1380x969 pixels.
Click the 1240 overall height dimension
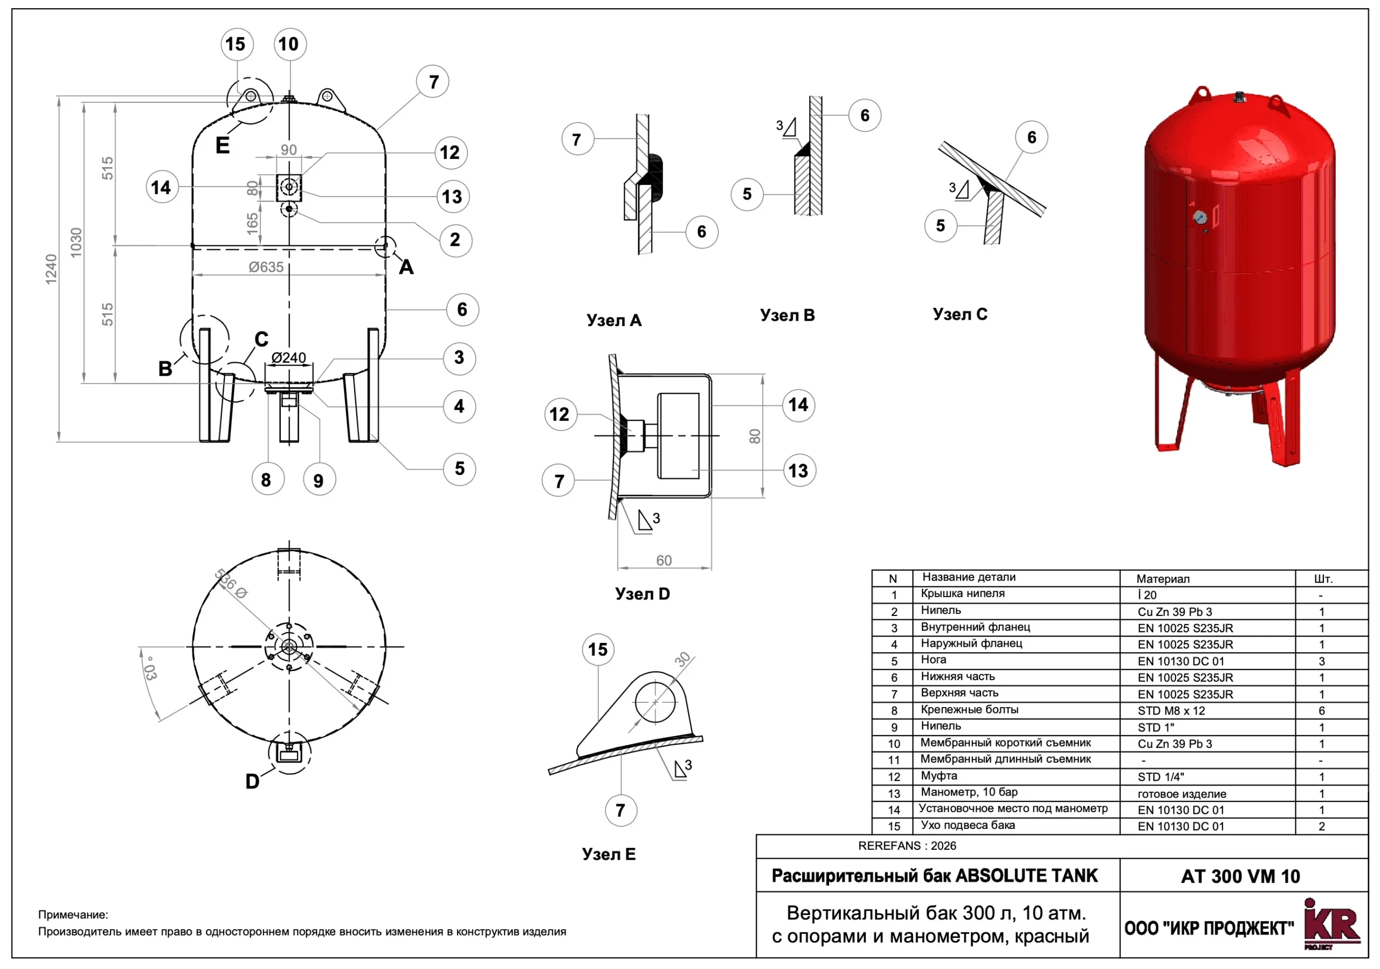tap(51, 269)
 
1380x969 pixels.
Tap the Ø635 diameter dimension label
tap(266, 267)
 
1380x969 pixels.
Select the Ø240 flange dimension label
tap(288, 358)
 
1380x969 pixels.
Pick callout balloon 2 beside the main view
tap(456, 240)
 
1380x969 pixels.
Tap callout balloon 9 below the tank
tap(319, 480)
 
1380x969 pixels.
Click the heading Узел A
tap(613, 321)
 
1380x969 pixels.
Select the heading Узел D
tap(642, 594)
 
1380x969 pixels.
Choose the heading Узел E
tap(608, 854)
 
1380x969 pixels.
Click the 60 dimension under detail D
tap(664, 560)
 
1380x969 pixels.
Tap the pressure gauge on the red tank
tap(1200, 218)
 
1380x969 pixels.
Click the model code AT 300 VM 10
tap(1240, 876)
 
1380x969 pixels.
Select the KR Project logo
tap(1331, 925)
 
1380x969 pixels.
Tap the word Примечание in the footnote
tap(73, 915)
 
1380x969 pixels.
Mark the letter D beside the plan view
tap(252, 781)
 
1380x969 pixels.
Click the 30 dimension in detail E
tap(683, 659)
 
